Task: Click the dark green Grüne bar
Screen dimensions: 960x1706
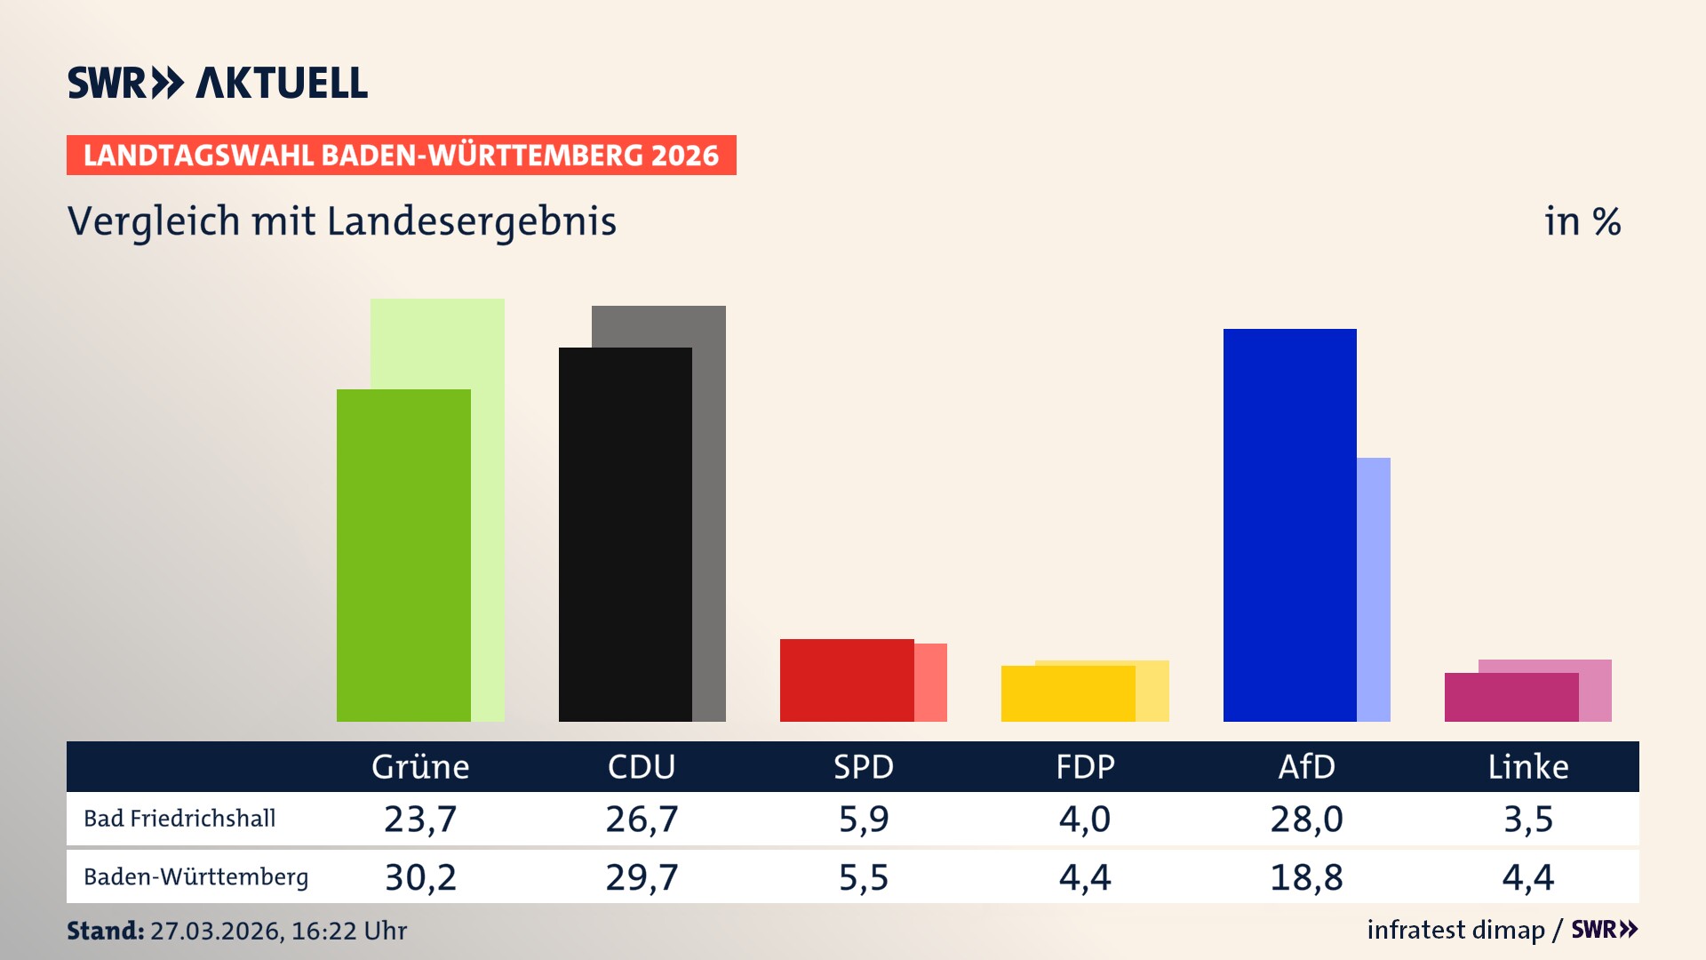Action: (403, 556)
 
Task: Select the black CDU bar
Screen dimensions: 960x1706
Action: (625, 534)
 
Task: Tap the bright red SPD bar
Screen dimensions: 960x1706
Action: (846, 680)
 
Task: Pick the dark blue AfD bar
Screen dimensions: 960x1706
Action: (1289, 524)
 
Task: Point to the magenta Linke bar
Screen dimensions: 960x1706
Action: (1511, 697)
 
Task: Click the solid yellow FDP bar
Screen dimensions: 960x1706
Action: (1067, 693)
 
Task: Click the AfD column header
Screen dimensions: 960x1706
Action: (1306, 766)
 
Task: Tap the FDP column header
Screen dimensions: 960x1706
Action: (1085, 766)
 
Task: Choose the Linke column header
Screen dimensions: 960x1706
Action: (1528, 766)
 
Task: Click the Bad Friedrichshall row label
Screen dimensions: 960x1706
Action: (179, 819)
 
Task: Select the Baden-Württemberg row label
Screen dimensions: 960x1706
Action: (195, 877)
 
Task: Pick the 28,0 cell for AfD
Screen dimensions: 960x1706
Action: (1306, 819)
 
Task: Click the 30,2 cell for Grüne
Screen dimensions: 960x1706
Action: (420, 877)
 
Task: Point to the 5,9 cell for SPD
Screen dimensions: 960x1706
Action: (864, 819)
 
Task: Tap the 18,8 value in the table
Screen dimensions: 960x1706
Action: (1306, 877)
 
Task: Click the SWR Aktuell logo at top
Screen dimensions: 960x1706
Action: (218, 83)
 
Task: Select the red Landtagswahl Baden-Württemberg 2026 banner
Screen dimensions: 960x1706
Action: (401, 156)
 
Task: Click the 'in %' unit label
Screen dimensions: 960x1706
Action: (1582, 221)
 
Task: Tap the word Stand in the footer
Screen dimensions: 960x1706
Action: (105, 931)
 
